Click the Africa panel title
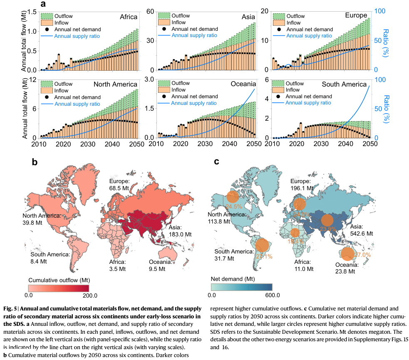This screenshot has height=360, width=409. tap(129, 17)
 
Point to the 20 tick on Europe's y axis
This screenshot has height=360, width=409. tap(265, 11)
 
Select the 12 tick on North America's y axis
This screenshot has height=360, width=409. tap(33, 79)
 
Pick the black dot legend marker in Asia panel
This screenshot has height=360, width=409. tap(164, 29)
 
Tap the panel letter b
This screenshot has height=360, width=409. tap(35, 161)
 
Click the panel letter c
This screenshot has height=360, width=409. tap(217, 161)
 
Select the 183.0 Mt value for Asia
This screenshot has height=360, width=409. tap(179, 234)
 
